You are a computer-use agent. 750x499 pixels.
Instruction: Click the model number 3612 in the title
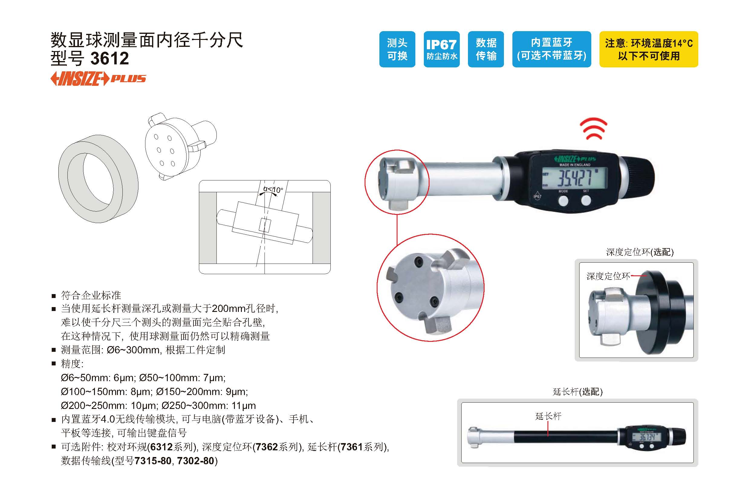click(x=109, y=58)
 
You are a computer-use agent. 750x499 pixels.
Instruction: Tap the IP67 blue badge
click(x=441, y=49)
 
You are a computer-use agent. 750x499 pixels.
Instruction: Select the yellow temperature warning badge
click(x=648, y=49)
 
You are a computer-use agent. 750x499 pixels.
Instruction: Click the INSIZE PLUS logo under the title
click(x=98, y=79)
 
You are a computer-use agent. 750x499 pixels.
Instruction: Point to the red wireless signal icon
click(x=593, y=128)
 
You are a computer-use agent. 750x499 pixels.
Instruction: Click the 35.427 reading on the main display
click(x=575, y=178)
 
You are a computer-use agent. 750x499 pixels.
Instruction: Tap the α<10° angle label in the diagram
click(x=273, y=190)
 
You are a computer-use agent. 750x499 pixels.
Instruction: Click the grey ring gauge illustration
click(x=98, y=179)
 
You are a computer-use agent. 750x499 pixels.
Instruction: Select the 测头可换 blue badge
click(x=397, y=49)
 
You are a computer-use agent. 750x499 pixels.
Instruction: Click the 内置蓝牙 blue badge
click(x=551, y=49)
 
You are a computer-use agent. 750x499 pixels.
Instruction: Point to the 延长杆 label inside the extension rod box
click(x=548, y=416)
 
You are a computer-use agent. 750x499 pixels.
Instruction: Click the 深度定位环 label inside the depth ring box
click(x=608, y=276)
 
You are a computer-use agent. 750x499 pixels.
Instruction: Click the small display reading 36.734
click(x=647, y=437)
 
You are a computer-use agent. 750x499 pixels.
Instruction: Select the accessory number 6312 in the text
click(x=161, y=447)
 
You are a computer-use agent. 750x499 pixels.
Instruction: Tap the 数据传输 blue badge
click(x=485, y=49)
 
